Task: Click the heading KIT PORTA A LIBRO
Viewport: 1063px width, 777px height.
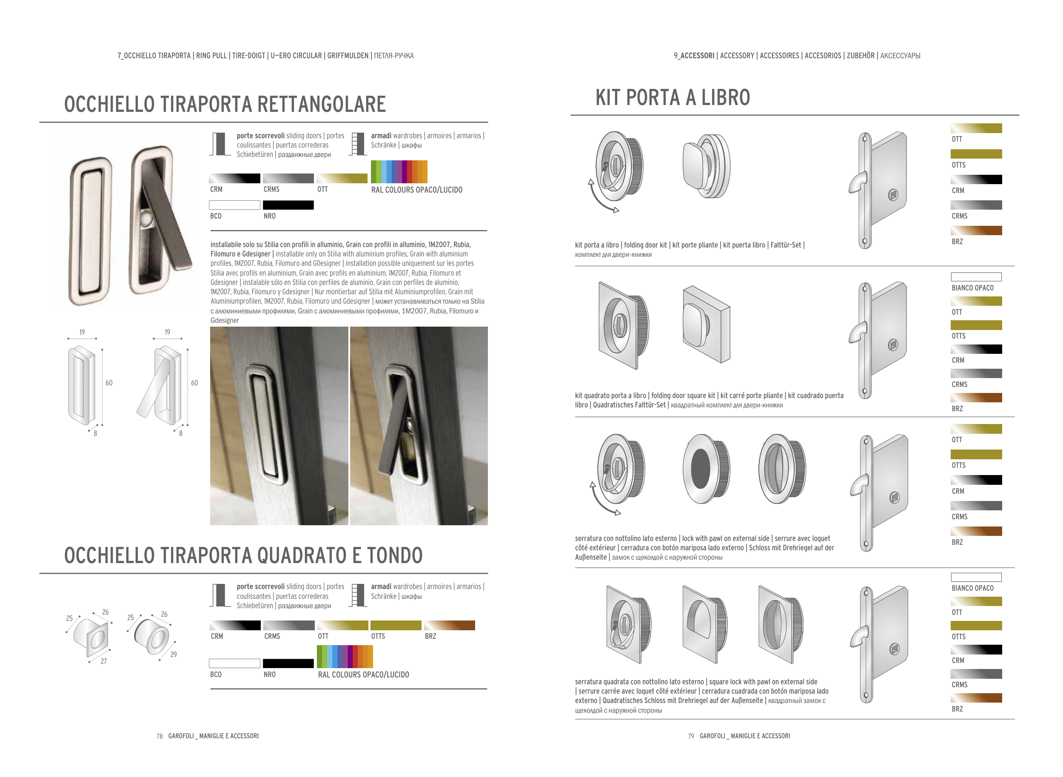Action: tap(672, 98)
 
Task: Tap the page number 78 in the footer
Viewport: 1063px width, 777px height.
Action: tap(160, 736)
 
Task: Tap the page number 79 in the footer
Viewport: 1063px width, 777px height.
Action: tap(690, 736)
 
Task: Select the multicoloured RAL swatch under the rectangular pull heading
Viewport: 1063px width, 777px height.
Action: tap(399, 172)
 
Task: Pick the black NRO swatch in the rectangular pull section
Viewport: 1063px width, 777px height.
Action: tap(288, 205)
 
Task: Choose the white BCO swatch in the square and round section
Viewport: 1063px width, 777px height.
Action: tap(234, 663)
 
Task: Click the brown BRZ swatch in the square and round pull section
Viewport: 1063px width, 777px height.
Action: tap(449, 625)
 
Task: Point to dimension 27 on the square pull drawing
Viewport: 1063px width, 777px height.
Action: tap(103, 661)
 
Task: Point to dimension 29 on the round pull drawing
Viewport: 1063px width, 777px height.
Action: tap(174, 654)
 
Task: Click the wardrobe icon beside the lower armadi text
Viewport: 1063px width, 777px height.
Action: tap(358, 595)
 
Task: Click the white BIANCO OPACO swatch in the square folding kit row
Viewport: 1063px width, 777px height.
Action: tap(976, 276)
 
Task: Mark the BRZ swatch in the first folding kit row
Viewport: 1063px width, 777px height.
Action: tap(976, 231)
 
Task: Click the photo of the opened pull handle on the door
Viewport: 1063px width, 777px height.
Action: tap(418, 425)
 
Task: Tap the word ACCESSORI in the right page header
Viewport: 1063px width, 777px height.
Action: tap(697, 55)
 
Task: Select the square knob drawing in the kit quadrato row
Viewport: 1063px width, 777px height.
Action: tap(705, 324)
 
